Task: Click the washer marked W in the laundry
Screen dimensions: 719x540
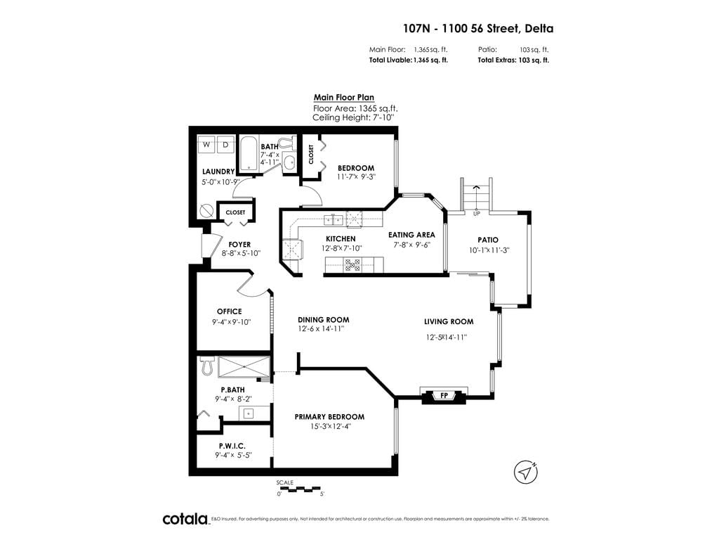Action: (206, 144)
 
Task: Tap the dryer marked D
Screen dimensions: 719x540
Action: (225, 144)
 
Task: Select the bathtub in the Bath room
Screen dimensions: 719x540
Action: (249, 154)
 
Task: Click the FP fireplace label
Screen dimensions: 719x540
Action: (444, 395)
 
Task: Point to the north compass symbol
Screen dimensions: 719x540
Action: (525, 472)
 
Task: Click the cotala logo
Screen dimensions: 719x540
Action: (186, 520)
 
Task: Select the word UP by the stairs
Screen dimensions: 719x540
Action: (477, 214)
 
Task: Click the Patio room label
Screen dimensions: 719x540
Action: (488, 240)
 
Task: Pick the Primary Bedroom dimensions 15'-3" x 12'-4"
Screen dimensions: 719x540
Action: (330, 427)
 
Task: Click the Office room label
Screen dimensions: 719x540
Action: (230, 311)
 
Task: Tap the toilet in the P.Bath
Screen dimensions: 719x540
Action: (207, 366)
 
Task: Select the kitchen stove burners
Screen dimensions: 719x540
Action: (352, 265)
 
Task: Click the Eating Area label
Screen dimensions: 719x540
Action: (411, 235)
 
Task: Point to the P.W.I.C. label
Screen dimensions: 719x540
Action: (232, 446)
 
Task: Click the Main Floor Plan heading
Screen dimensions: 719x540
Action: (344, 97)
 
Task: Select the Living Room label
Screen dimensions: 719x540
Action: (449, 322)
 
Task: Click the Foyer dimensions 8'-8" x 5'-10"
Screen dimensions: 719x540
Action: (242, 253)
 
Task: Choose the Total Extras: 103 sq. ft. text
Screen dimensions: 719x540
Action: (513, 60)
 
